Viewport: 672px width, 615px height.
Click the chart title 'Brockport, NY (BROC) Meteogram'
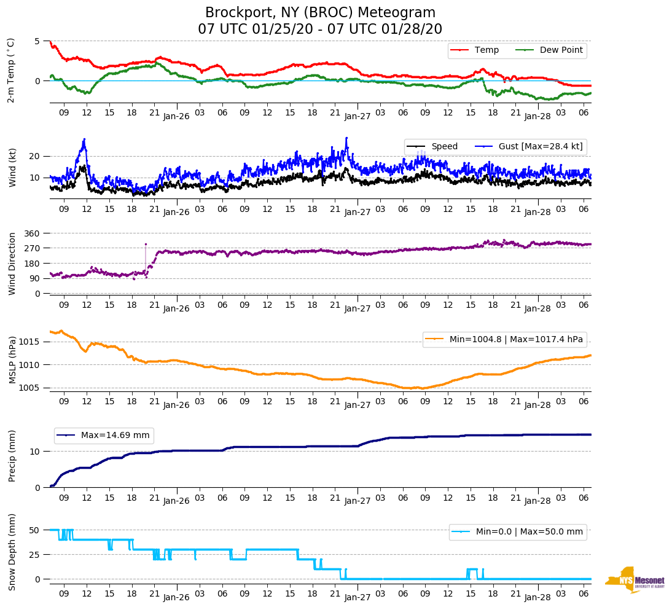point(320,13)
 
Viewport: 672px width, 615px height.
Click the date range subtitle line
point(320,29)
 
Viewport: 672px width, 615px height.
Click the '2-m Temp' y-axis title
point(10,70)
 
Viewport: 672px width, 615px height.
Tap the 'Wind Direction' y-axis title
point(12,263)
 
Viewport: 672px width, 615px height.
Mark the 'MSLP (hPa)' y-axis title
point(12,360)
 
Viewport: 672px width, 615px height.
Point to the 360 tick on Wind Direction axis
point(33,233)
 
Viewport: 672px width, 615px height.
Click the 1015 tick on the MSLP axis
point(31,342)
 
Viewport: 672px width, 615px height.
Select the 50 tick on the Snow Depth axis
point(35,530)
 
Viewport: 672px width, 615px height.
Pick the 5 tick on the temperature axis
point(37,41)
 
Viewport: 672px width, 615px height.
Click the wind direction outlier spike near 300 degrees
point(146,245)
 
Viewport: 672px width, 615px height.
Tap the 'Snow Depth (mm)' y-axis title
point(12,552)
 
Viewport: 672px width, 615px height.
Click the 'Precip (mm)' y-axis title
point(12,456)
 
